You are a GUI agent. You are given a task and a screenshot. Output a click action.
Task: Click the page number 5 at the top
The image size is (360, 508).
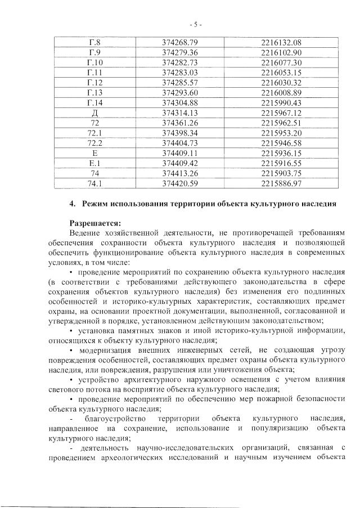pyautogui.click(x=196, y=24)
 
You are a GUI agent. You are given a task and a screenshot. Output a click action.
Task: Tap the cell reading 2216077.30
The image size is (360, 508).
pyautogui.click(x=281, y=62)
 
